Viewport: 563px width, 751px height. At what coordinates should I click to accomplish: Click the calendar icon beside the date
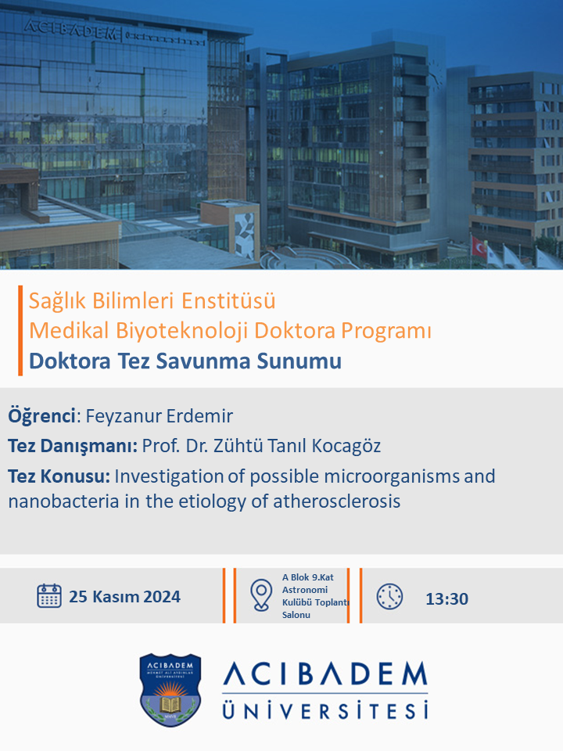[48, 596]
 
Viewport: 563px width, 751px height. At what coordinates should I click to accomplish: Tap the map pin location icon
[261, 595]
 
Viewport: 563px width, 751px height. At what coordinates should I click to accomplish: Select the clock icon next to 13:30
[389, 596]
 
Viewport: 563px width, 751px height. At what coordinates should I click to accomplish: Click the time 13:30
[446, 598]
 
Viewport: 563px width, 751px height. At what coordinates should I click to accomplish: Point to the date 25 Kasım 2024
[124, 597]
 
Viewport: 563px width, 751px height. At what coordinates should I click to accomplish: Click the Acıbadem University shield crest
[170, 690]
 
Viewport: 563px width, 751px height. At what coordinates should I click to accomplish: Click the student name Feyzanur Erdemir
[159, 415]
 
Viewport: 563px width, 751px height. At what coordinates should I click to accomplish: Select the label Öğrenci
[41, 415]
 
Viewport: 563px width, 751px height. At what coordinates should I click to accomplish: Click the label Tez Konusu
[59, 476]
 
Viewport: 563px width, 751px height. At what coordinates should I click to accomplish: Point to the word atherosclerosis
[336, 501]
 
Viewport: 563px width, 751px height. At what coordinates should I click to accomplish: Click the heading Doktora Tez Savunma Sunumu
[185, 361]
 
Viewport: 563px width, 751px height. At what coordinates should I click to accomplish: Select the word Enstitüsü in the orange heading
[228, 300]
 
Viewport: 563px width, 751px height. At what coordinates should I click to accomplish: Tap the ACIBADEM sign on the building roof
[70, 29]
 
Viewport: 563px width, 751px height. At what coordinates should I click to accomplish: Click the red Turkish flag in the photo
[479, 247]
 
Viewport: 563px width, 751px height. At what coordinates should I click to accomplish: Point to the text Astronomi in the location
[305, 590]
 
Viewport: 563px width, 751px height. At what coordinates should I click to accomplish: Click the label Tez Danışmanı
[73, 446]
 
